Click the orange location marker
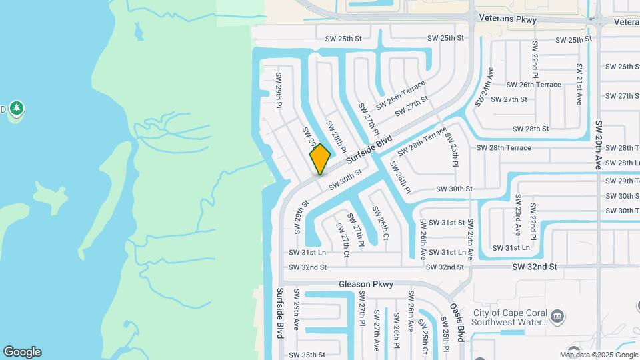click(320, 159)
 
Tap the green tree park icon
click(17, 108)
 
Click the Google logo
click(22, 352)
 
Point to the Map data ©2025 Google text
click(599, 355)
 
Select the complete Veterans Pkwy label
click(512, 20)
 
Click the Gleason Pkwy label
click(366, 284)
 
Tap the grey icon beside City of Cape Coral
click(558, 314)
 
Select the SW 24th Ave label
click(485, 87)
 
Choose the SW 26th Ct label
click(381, 223)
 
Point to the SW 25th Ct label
click(425, 340)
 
